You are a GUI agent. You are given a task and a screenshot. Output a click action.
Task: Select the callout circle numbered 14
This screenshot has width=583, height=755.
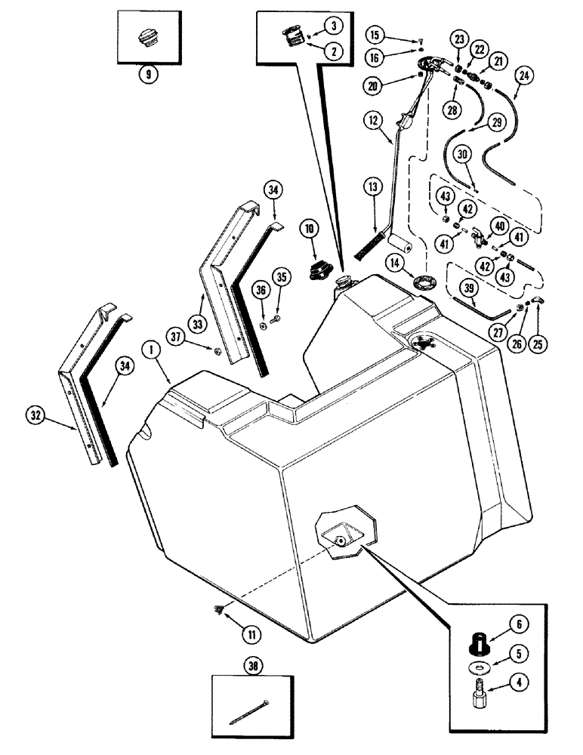pos(393,263)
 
